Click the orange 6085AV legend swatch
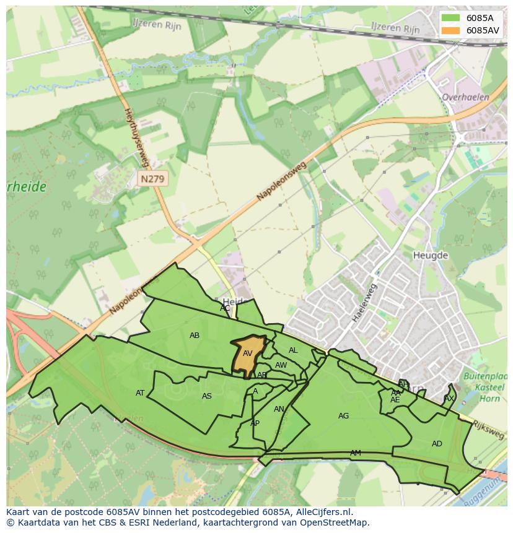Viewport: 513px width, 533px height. click(x=452, y=30)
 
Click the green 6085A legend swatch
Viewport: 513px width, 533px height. click(x=452, y=18)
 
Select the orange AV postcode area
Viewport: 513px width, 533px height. click(x=248, y=354)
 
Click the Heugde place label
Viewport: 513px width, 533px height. click(x=430, y=255)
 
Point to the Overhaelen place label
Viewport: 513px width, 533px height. click(x=465, y=97)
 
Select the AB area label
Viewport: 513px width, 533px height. click(x=195, y=336)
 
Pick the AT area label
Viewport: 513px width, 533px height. click(x=140, y=393)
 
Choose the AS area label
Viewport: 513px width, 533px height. click(x=207, y=396)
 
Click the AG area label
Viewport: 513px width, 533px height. click(x=343, y=416)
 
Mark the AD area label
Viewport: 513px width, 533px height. click(x=437, y=444)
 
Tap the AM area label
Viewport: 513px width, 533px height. click(x=355, y=453)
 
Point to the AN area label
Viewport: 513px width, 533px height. click(x=279, y=409)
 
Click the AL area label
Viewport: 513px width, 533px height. click(x=293, y=350)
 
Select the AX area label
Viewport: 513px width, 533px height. click(x=449, y=399)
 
